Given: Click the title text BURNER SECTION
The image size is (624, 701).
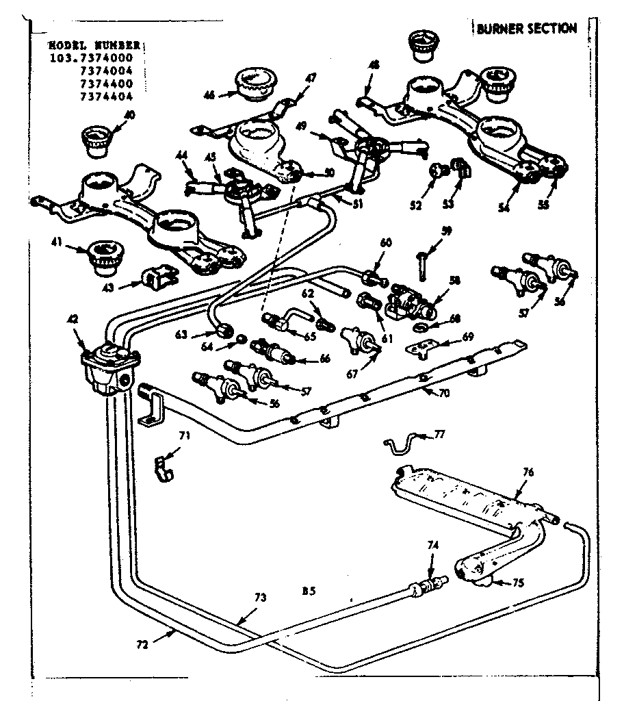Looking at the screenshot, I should click(526, 28).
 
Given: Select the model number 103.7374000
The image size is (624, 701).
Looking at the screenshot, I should click(95, 58).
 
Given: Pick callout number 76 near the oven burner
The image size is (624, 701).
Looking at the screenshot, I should click(528, 472).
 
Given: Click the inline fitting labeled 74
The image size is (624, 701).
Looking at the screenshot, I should click(428, 586).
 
